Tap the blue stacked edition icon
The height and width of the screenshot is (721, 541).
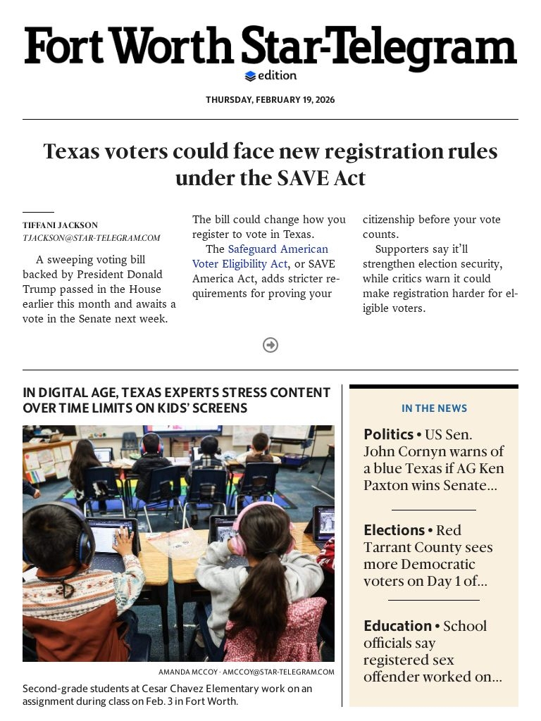point(250,76)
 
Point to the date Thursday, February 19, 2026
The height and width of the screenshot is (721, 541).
point(270,100)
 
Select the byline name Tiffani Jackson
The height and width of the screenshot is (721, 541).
point(60,225)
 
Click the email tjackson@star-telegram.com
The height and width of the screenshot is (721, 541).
point(92,238)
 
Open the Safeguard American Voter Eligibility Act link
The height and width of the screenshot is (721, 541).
point(260,256)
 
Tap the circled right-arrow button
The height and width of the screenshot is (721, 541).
point(270,345)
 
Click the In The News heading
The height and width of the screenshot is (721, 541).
point(434,408)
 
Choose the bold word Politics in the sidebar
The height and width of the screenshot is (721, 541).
point(388,434)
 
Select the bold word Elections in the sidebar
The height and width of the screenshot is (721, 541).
point(394,530)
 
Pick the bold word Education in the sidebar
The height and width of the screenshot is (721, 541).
point(397,626)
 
